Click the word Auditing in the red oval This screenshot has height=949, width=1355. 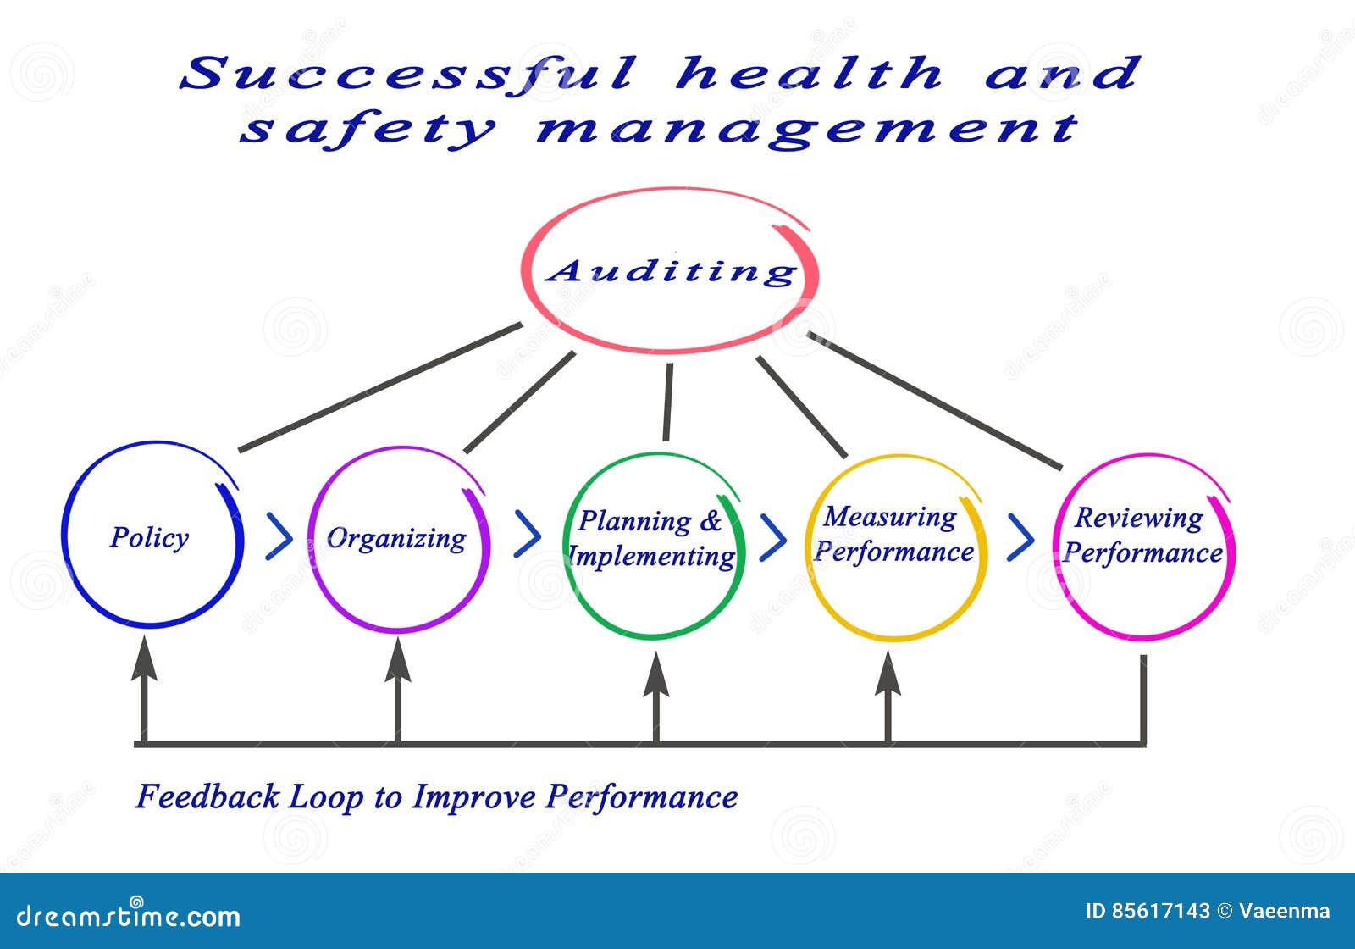coord(672,271)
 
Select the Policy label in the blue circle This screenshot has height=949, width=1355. coord(149,537)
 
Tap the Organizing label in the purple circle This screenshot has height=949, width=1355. coord(396,538)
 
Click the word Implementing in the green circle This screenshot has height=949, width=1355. coord(652,557)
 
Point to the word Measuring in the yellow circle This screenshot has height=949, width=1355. coord(890,516)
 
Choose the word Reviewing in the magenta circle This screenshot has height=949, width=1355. coord(1138,518)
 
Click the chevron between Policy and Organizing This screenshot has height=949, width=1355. coord(279,536)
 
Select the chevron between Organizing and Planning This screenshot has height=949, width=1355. coord(528,534)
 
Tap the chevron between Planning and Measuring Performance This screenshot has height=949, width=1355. coord(772,536)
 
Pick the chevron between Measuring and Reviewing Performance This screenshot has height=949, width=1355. coord(1020,538)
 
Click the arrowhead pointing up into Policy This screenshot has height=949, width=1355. coord(144,660)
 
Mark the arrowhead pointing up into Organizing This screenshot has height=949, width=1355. coord(398,661)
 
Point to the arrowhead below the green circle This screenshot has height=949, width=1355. coord(656,675)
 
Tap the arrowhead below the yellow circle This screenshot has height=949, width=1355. coord(888,675)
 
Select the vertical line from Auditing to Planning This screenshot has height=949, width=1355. coord(667,402)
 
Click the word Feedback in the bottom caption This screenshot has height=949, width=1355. coord(207,797)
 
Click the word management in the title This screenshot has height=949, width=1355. coord(807,129)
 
